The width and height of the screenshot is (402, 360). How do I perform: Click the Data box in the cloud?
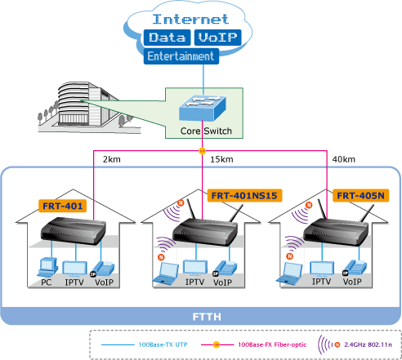[x=167, y=38]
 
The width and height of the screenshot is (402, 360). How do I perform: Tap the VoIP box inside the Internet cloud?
[x=217, y=38]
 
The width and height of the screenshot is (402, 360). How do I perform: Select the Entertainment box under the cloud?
[x=181, y=56]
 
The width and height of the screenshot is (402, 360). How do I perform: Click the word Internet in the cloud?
[x=190, y=19]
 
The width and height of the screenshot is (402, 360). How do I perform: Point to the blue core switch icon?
[x=203, y=108]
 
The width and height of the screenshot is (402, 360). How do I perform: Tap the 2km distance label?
[x=112, y=159]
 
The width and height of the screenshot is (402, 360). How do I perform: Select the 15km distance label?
[x=221, y=159]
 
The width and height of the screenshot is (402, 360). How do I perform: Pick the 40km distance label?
[x=344, y=159]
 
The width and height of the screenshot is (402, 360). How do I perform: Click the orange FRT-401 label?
[x=63, y=206]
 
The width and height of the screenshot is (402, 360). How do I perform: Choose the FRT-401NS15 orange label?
[x=244, y=196]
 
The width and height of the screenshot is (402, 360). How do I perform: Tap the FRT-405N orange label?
[x=360, y=196]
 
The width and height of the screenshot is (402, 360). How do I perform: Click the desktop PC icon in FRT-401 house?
[x=47, y=268]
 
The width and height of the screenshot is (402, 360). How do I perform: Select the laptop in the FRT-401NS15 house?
[x=166, y=273]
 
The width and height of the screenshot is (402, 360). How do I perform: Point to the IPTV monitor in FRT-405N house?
[x=322, y=269]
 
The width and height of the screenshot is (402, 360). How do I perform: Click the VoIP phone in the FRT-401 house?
[x=103, y=269]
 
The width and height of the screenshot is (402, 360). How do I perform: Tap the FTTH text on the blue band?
[x=207, y=317]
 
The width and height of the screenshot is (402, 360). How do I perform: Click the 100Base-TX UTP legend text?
[x=163, y=344]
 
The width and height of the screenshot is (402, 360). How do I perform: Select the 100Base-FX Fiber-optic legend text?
[x=272, y=344]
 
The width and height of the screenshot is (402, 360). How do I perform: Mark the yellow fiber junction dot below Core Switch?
[x=202, y=151]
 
